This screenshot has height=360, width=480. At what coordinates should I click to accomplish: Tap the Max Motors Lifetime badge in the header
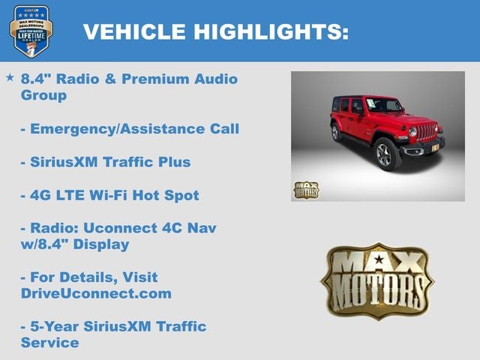pyautogui.click(x=31, y=31)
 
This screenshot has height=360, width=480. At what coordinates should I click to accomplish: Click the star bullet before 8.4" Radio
pyautogui.click(x=10, y=77)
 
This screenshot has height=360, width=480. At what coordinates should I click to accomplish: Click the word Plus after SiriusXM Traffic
pyautogui.click(x=174, y=162)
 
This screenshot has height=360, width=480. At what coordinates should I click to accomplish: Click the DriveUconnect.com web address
pyautogui.click(x=96, y=294)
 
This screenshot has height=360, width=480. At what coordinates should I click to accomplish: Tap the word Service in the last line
pyautogui.click(x=50, y=343)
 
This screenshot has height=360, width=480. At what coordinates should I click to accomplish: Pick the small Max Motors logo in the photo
pyautogui.click(x=306, y=189)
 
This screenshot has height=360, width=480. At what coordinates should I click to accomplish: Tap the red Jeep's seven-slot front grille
pyautogui.click(x=427, y=133)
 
